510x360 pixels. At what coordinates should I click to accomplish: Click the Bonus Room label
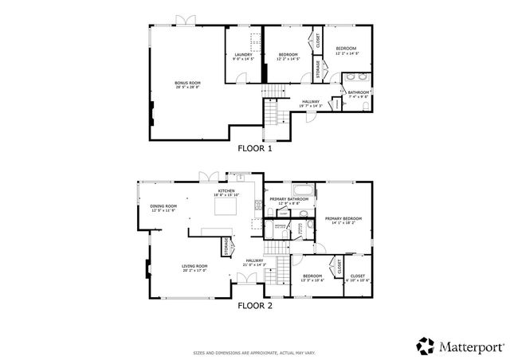click(188, 84)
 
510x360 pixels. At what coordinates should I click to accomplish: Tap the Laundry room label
click(242, 57)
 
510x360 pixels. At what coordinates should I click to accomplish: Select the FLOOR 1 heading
click(255, 148)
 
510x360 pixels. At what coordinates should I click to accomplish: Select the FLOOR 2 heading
click(255, 304)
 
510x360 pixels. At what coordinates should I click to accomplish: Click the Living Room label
click(194, 268)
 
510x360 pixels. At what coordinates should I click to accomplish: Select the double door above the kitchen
click(207, 175)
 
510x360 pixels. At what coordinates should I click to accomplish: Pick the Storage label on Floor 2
click(226, 246)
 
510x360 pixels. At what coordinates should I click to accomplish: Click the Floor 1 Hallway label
click(310, 104)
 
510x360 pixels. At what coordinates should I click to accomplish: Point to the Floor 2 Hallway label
click(255, 262)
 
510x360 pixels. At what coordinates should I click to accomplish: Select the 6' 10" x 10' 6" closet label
click(358, 278)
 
